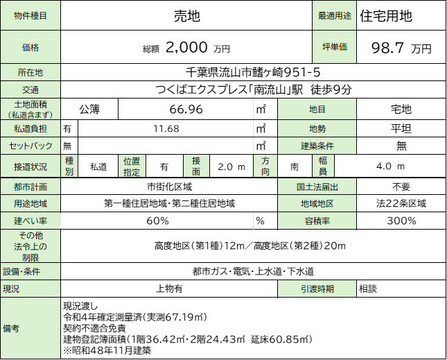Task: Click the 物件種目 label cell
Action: click(30, 15)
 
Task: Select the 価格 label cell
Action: click(30, 47)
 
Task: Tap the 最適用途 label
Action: click(334, 15)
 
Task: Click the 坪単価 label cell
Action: click(334, 47)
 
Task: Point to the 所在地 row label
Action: click(30, 72)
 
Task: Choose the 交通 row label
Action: click(30, 89)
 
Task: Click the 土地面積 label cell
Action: click(30, 109)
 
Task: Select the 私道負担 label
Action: click(30, 128)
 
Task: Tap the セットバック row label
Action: click(30, 146)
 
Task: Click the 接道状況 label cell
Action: click(30, 166)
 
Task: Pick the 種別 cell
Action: click(69, 166)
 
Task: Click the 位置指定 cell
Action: click(132, 166)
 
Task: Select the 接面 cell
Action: click(196, 166)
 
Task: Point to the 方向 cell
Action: click(265, 166)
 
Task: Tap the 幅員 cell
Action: click(323, 166)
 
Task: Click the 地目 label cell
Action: click(317, 109)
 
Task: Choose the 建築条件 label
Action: click(317, 146)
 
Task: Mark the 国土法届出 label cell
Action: click(317, 187)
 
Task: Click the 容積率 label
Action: click(317, 221)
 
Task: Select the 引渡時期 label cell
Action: click(317, 289)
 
